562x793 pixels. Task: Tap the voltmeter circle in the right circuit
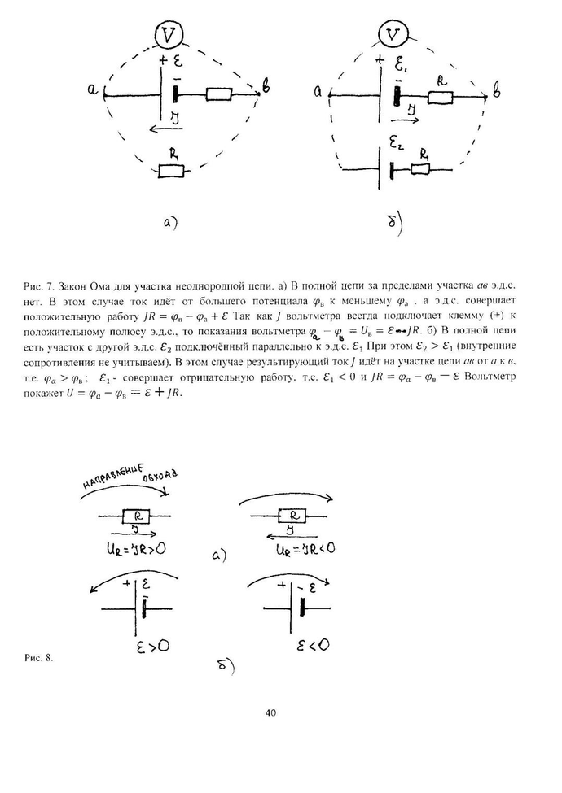coord(393,35)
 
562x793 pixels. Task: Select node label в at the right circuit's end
coord(498,94)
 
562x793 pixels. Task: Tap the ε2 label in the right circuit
coord(397,146)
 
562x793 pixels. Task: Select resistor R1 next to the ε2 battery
coord(420,168)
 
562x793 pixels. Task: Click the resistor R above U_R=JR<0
coord(292,516)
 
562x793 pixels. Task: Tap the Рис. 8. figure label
coord(39,657)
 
